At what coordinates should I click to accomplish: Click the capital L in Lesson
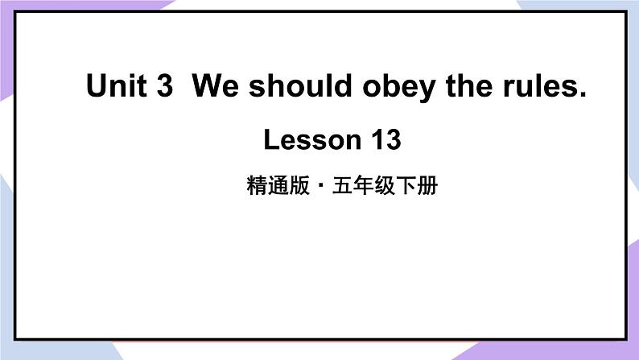(270, 141)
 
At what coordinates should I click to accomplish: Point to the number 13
(384, 141)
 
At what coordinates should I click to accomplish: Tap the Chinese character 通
(274, 188)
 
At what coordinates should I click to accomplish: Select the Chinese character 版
(295, 188)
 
